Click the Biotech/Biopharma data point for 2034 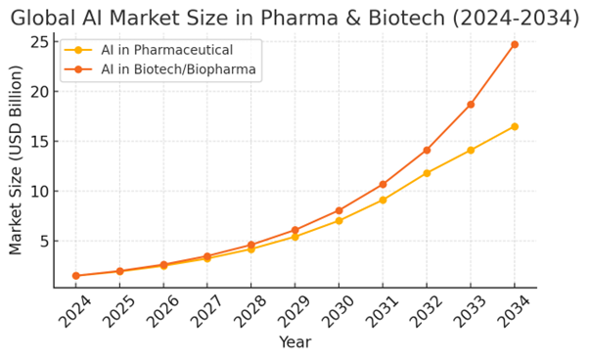[x=515, y=45]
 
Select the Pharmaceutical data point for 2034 [x=515, y=126]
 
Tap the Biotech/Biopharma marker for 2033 [x=471, y=105]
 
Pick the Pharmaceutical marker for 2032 [x=427, y=173]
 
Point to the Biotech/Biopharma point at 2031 [x=383, y=184]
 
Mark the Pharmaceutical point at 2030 [x=339, y=221]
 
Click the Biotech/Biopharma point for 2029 [x=294, y=230]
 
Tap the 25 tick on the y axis [x=39, y=42]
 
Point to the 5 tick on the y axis [x=44, y=241]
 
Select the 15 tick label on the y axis [x=39, y=141]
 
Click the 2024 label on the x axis [x=75, y=311]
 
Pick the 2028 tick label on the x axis [x=250, y=311]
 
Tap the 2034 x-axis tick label [x=514, y=311]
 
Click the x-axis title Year [x=295, y=342]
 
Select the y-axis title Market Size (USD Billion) [x=16, y=160]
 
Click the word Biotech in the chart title [x=406, y=18]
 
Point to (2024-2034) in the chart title [x=516, y=18]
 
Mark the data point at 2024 [x=76, y=276]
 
